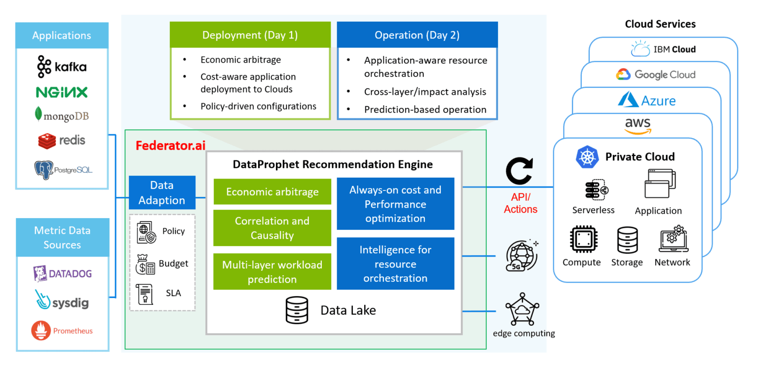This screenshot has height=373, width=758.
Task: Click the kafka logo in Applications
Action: coord(62,67)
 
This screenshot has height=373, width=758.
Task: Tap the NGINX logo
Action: coord(62,92)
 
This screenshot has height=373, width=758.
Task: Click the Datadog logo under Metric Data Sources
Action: coord(62,273)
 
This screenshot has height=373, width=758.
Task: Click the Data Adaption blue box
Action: coord(162,193)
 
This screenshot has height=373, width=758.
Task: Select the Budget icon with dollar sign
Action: coord(145,264)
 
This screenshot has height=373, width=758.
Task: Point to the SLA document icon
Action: coord(144,294)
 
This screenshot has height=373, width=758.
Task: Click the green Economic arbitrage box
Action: coord(272,192)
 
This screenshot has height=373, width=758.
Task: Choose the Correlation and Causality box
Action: coord(272,228)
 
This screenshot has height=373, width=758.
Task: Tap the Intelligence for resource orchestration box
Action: coord(395,263)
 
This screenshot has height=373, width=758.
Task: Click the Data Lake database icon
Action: coord(297,310)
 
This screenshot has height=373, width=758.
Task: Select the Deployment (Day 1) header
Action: coord(250,35)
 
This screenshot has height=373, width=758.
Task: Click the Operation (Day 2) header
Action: coord(417,35)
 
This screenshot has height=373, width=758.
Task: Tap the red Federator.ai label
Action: coord(170,146)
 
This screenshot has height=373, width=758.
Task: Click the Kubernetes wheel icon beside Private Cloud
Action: coord(587,157)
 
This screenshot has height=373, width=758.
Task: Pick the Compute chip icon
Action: coord(581,240)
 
